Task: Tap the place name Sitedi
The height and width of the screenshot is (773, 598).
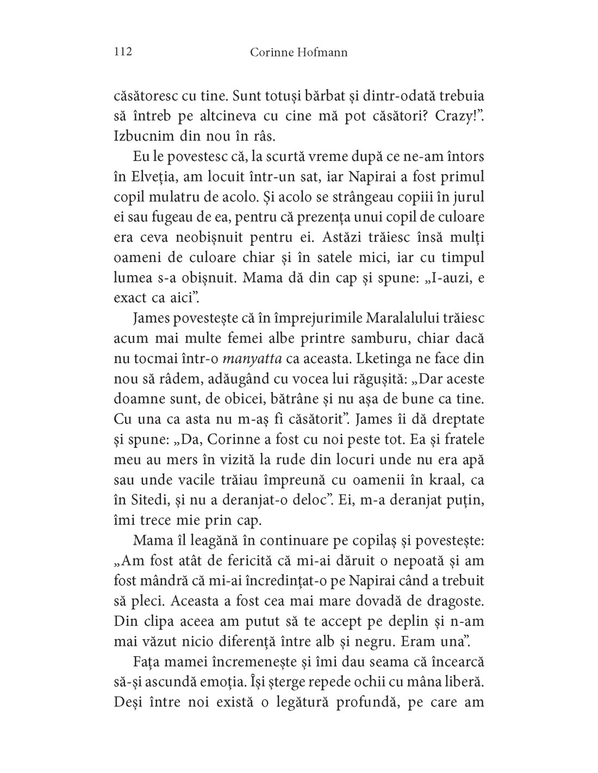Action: pyautogui.click(x=148, y=500)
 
